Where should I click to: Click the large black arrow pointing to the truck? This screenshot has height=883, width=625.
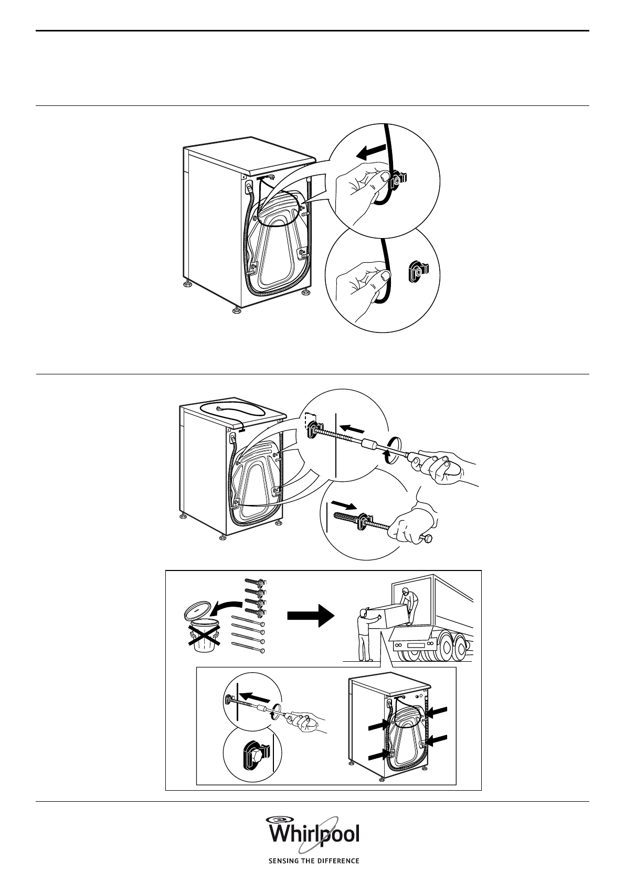tap(311, 616)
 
